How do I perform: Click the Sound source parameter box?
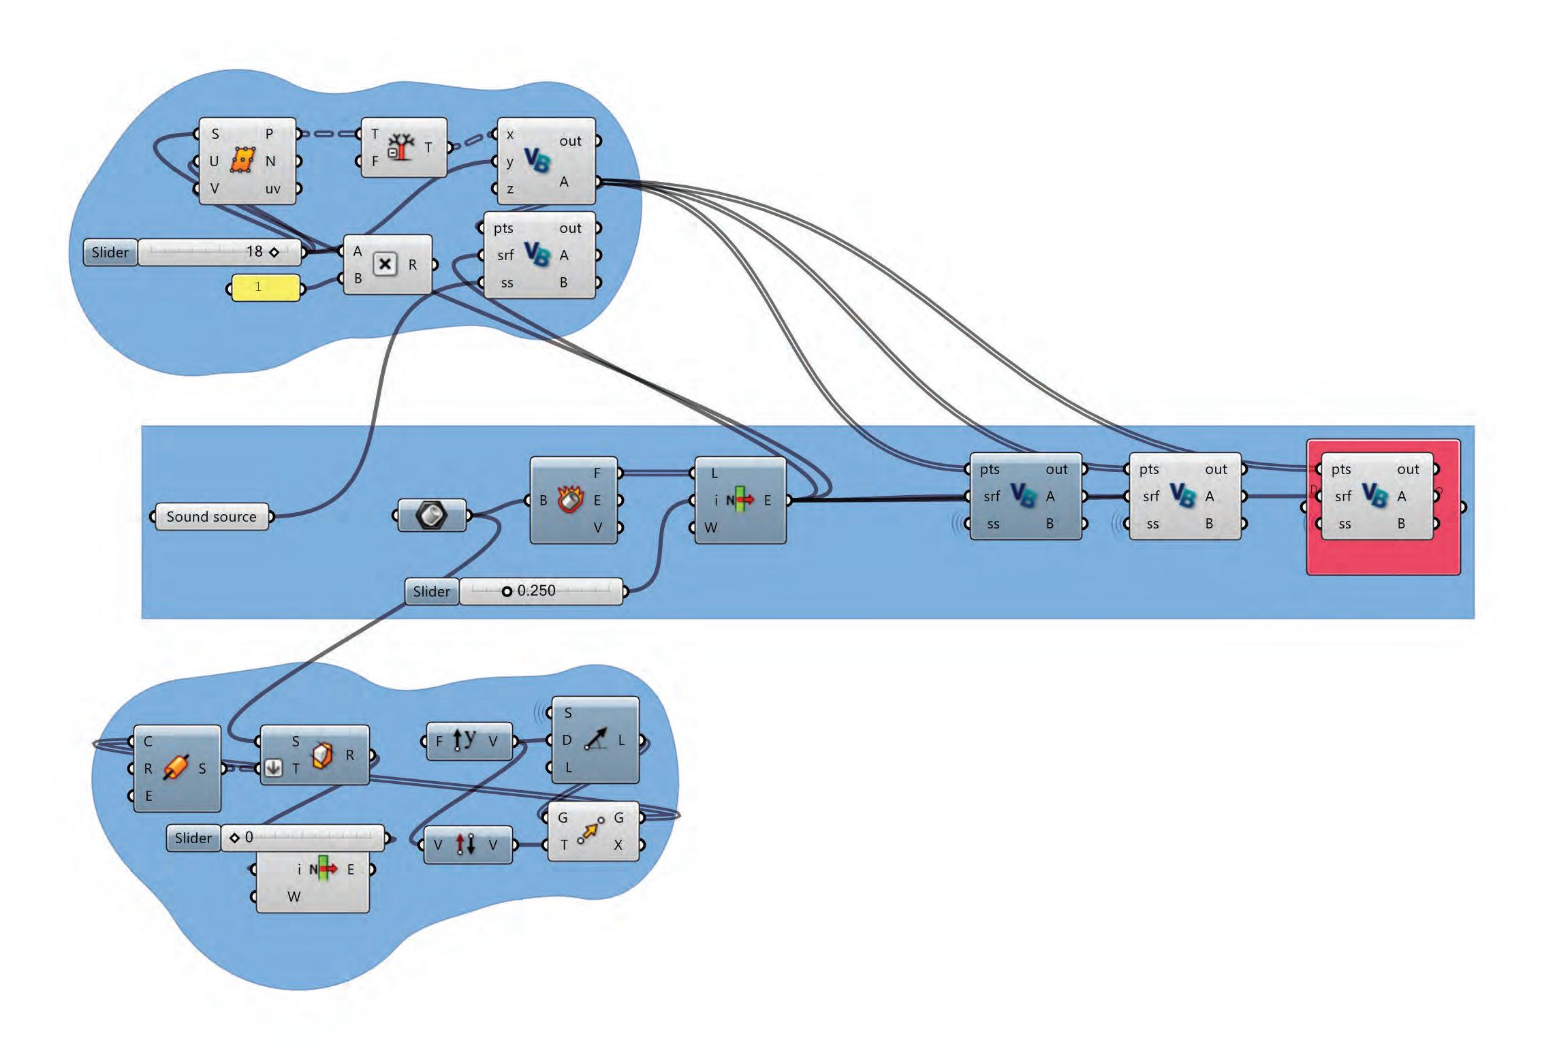pos(211,517)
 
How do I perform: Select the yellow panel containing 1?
pos(265,287)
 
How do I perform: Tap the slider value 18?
pos(254,252)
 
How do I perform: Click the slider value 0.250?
pos(536,591)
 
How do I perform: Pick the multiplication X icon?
pos(385,264)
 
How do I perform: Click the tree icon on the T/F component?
pos(401,147)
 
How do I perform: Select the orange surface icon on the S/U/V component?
pos(242,161)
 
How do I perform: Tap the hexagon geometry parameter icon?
pos(431,515)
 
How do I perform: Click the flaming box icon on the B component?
pos(571,500)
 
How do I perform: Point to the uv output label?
pos(272,189)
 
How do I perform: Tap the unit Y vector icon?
pos(465,741)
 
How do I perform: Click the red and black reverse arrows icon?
pos(466,845)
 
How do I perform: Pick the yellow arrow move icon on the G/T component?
pos(590,831)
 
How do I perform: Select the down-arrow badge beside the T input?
pos(273,768)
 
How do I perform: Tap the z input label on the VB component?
pos(509,189)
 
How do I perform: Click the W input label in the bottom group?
pos(294,897)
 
